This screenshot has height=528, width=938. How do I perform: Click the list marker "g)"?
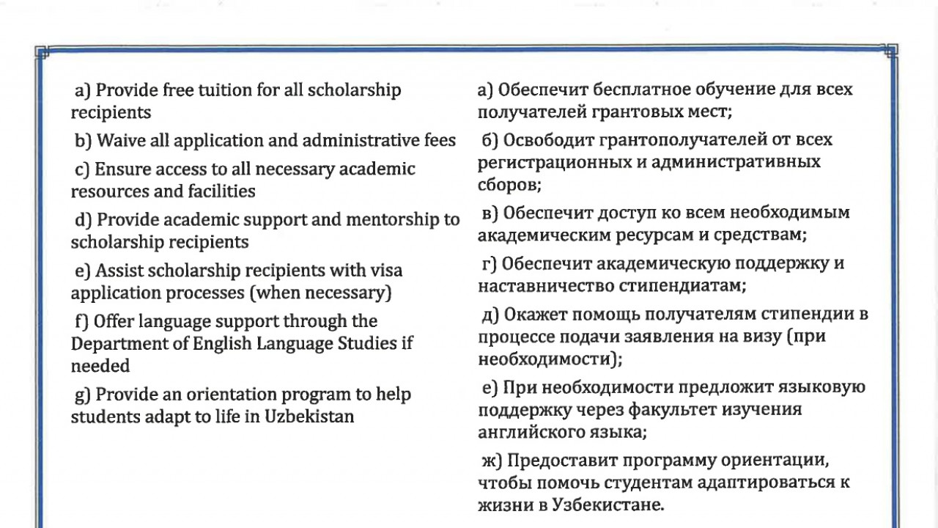pos(83,395)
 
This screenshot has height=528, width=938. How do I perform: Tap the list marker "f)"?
pos(82,321)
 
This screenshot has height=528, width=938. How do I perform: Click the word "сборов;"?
pos(509,184)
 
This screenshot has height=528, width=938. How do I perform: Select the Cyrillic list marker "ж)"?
pos(490,461)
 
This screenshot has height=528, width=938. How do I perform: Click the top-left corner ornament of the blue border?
pos(42,52)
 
